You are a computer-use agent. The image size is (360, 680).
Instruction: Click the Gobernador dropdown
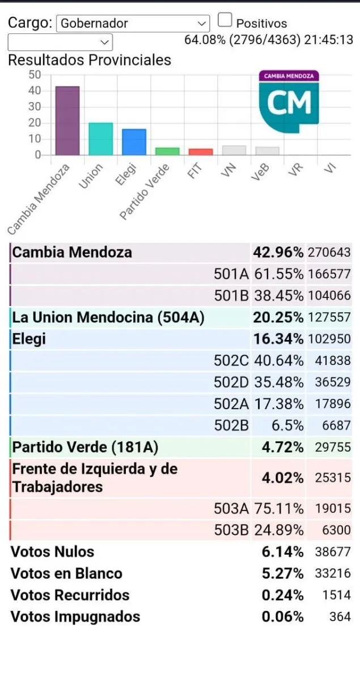click(133, 23)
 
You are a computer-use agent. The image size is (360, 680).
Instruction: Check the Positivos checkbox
click(225, 21)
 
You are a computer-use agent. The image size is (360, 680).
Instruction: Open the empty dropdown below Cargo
click(60, 42)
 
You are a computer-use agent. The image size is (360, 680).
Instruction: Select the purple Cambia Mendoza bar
click(67, 121)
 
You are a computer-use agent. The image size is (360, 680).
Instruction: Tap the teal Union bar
click(101, 139)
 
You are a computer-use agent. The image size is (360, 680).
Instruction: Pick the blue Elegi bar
click(134, 142)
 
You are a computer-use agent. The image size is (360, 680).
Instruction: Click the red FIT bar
click(201, 151)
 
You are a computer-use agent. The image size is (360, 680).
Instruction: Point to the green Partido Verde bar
click(167, 151)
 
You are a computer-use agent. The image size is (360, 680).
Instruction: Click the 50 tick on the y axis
click(35, 74)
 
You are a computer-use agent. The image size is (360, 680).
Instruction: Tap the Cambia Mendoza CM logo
click(289, 101)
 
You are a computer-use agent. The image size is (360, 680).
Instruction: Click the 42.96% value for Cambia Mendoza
click(278, 253)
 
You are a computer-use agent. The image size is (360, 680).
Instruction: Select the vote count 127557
click(329, 317)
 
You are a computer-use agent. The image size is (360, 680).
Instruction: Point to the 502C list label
click(231, 361)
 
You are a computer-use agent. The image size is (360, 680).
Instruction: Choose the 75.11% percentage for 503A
click(278, 509)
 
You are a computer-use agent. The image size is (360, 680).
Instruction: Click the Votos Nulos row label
click(52, 552)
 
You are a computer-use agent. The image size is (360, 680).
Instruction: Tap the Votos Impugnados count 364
click(340, 617)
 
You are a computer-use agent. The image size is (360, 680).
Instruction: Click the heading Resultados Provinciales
click(90, 60)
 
